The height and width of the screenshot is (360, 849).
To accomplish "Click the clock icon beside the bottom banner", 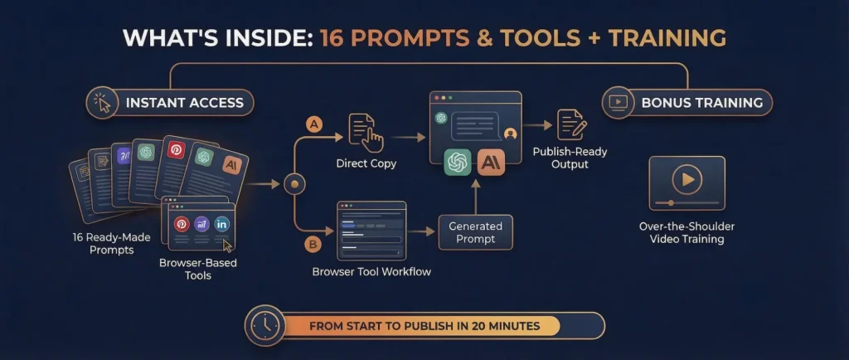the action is pos(265,326).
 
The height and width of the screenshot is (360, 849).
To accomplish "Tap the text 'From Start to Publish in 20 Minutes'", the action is pos(424,326).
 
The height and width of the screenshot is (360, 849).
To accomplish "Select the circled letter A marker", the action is pos(314,124).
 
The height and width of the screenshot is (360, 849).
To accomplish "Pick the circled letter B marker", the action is pos(313,245).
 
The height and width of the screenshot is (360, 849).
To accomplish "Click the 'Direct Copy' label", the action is pos(366,163).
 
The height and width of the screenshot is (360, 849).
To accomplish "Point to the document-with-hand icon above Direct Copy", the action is pos(366,132).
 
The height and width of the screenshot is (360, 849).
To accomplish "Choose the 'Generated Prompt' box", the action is pos(475,232).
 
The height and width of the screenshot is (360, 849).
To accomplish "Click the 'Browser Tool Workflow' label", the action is pos(371,271).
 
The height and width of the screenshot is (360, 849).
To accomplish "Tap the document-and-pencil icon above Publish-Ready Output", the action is pos(572,125).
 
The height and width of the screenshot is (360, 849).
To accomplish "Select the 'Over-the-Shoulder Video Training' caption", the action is pos(686,233).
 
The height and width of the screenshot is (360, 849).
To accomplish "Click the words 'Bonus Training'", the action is pos(702,102).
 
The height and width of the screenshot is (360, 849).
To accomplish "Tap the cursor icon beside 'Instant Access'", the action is pos(102,102).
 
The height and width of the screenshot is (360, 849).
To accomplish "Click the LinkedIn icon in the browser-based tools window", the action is pos(222,224).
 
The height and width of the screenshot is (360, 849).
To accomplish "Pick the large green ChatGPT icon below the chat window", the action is pos(458,163).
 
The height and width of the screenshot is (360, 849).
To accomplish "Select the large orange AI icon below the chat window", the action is pos(491,163).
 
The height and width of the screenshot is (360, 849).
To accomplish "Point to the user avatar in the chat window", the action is pos(510,134).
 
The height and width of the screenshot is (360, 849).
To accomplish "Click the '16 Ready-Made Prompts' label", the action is pos(112,244).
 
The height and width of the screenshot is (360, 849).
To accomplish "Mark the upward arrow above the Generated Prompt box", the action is pos(475,197).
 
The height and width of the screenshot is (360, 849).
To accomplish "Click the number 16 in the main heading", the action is pos(332,38).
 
